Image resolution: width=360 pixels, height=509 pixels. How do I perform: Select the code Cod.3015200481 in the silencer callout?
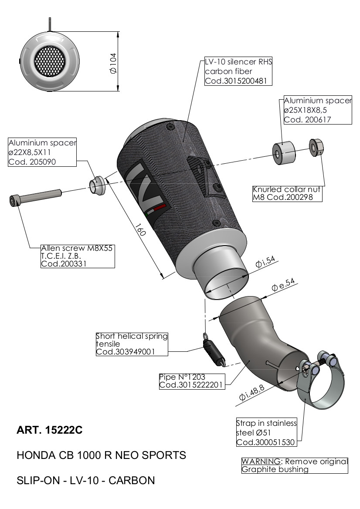[232, 81]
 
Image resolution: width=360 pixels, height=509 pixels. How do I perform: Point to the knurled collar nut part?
[316, 146]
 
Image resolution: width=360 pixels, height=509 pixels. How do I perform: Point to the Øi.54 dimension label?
[266, 262]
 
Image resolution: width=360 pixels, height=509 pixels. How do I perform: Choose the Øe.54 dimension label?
[283, 285]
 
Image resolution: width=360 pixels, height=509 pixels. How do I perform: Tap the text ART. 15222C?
[49, 431]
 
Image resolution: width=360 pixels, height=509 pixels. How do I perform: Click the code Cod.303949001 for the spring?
[126, 351]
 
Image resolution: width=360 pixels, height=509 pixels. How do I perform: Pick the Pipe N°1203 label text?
[182, 377]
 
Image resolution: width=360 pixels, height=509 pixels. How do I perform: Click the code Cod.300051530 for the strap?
[266, 442]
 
